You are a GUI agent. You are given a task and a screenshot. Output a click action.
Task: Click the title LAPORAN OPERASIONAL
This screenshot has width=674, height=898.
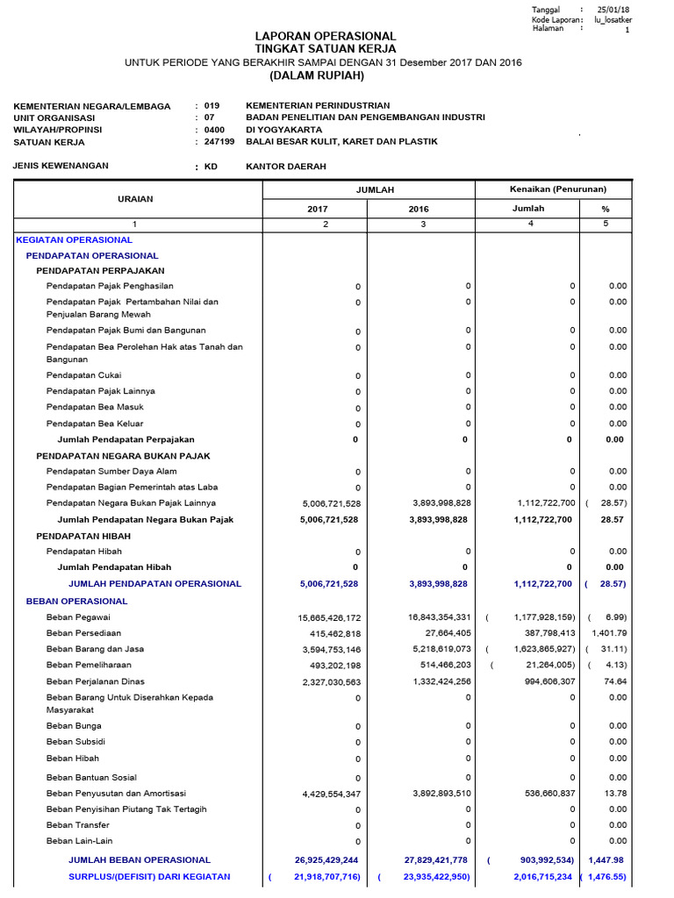[x=325, y=36]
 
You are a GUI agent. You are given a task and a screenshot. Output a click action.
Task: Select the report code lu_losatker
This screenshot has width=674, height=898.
[x=613, y=19]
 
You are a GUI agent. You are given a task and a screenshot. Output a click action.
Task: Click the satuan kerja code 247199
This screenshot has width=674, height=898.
[x=219, y=141]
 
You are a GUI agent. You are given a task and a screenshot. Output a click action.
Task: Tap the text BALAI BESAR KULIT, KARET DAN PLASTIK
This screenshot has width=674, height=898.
[x=341, y=141]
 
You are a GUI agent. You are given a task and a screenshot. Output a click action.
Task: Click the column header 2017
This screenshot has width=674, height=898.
[x=317, y=210]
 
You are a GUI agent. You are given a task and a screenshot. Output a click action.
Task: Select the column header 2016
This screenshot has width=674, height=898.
[x=419, y=210]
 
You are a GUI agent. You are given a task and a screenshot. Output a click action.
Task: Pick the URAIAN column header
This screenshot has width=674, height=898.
[x=135, y=199]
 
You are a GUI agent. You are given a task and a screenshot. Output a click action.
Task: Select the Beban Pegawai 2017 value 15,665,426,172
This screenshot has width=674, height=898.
[x=329, y=618]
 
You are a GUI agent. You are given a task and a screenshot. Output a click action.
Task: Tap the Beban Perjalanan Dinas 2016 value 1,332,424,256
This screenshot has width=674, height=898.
[x=429, y=681]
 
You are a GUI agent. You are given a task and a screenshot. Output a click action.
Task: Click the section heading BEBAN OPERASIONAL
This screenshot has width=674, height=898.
[x=76, y=602]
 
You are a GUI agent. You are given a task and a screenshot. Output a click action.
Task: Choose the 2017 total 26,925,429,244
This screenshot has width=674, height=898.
[x=327, y=860]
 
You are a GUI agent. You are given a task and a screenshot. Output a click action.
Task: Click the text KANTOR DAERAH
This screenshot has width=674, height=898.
[x=286, y=166]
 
